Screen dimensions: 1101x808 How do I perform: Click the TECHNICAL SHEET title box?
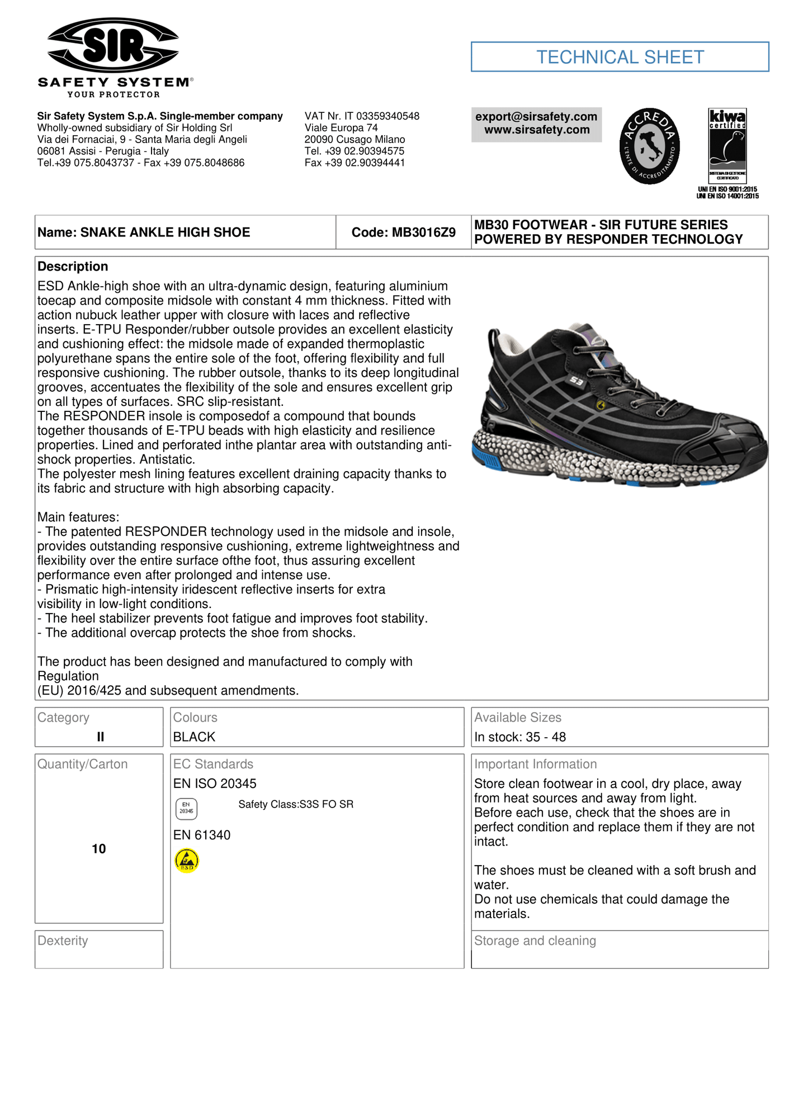620,57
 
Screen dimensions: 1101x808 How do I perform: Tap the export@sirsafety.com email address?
536,117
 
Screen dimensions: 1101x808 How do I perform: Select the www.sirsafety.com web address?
536,130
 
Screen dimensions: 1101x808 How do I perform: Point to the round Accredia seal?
649,146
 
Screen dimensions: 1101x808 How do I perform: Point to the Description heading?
73,267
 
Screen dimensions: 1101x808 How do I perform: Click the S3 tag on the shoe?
576,381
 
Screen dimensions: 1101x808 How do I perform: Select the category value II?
100,737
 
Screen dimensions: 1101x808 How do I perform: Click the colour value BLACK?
194,737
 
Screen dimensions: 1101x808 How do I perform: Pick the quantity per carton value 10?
99,849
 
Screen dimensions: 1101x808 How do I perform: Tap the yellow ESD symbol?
187,861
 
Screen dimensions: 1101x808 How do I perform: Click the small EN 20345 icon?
186,808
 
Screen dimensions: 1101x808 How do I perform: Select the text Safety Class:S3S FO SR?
296,804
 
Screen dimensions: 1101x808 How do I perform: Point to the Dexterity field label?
63,941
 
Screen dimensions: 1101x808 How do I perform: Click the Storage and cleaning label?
535,941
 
